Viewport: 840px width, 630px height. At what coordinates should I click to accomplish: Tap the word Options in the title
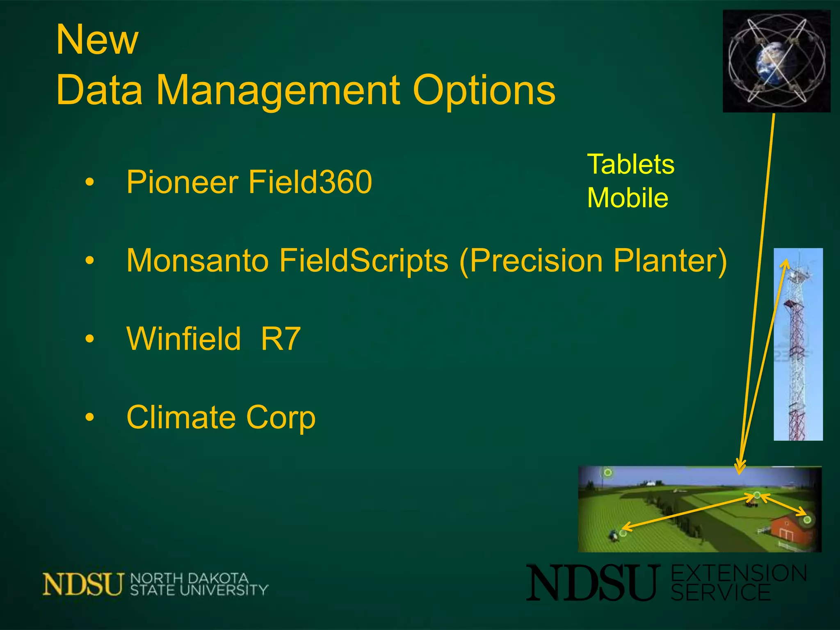[x=484, y=90]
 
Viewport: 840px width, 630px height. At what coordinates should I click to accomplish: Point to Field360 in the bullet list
[x=310, y=182]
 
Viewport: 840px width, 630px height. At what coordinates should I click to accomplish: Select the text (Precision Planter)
[x=593, y=261]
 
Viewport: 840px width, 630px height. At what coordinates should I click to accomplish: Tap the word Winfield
[x=183, y=339]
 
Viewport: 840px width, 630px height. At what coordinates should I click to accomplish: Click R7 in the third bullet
[x=281, y=339]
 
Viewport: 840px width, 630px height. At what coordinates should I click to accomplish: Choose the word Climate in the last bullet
[x=180, y=417]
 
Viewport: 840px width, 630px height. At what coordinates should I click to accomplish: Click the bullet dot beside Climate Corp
[x=89, y=418]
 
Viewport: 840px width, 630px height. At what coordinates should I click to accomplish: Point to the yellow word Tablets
[x=630, y=164]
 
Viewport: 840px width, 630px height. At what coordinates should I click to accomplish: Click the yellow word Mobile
[x=628, y=198]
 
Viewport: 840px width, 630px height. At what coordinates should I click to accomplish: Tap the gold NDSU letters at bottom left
[x=83, y=584]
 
